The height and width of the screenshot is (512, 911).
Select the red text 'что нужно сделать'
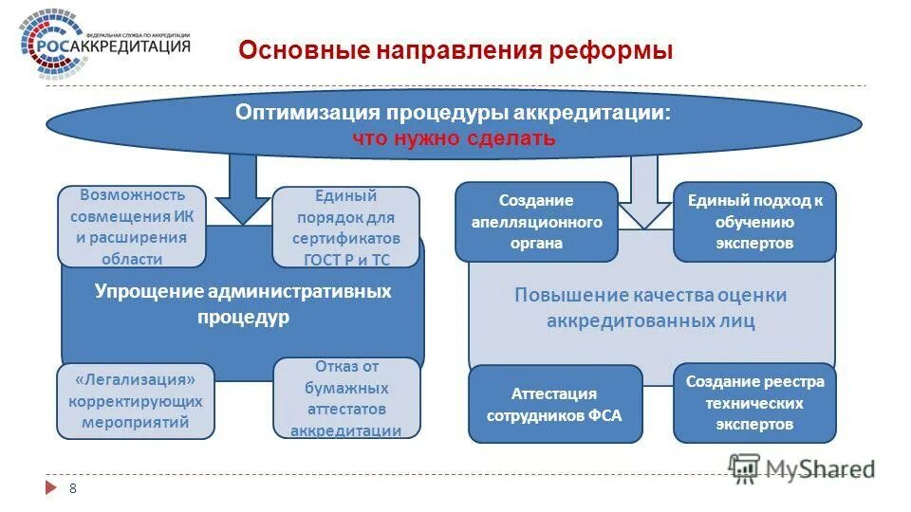[x=454, y=138]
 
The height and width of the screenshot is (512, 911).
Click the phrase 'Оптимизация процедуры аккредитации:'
[x=454, y=113]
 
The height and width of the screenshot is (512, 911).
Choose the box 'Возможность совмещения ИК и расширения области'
[x=132, y=227]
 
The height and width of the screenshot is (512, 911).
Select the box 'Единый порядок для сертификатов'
[x=345, y=228]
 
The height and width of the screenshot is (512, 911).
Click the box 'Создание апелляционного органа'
[x=536, y=222]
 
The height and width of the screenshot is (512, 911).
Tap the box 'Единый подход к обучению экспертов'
[x=754, y=222]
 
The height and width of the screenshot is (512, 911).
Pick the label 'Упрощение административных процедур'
[x=242, y=304]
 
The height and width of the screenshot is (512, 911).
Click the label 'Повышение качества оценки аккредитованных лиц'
[x=650, y=307]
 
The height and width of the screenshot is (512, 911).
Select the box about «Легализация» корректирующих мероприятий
[x=136, y=400]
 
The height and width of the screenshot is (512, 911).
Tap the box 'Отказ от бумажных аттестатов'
[x=345, y=398]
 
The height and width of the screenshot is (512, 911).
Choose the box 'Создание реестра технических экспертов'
[x=754, y=403]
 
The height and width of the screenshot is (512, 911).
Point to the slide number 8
[x=72, y=487]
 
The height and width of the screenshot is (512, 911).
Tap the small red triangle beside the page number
[x=50, y=488]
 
